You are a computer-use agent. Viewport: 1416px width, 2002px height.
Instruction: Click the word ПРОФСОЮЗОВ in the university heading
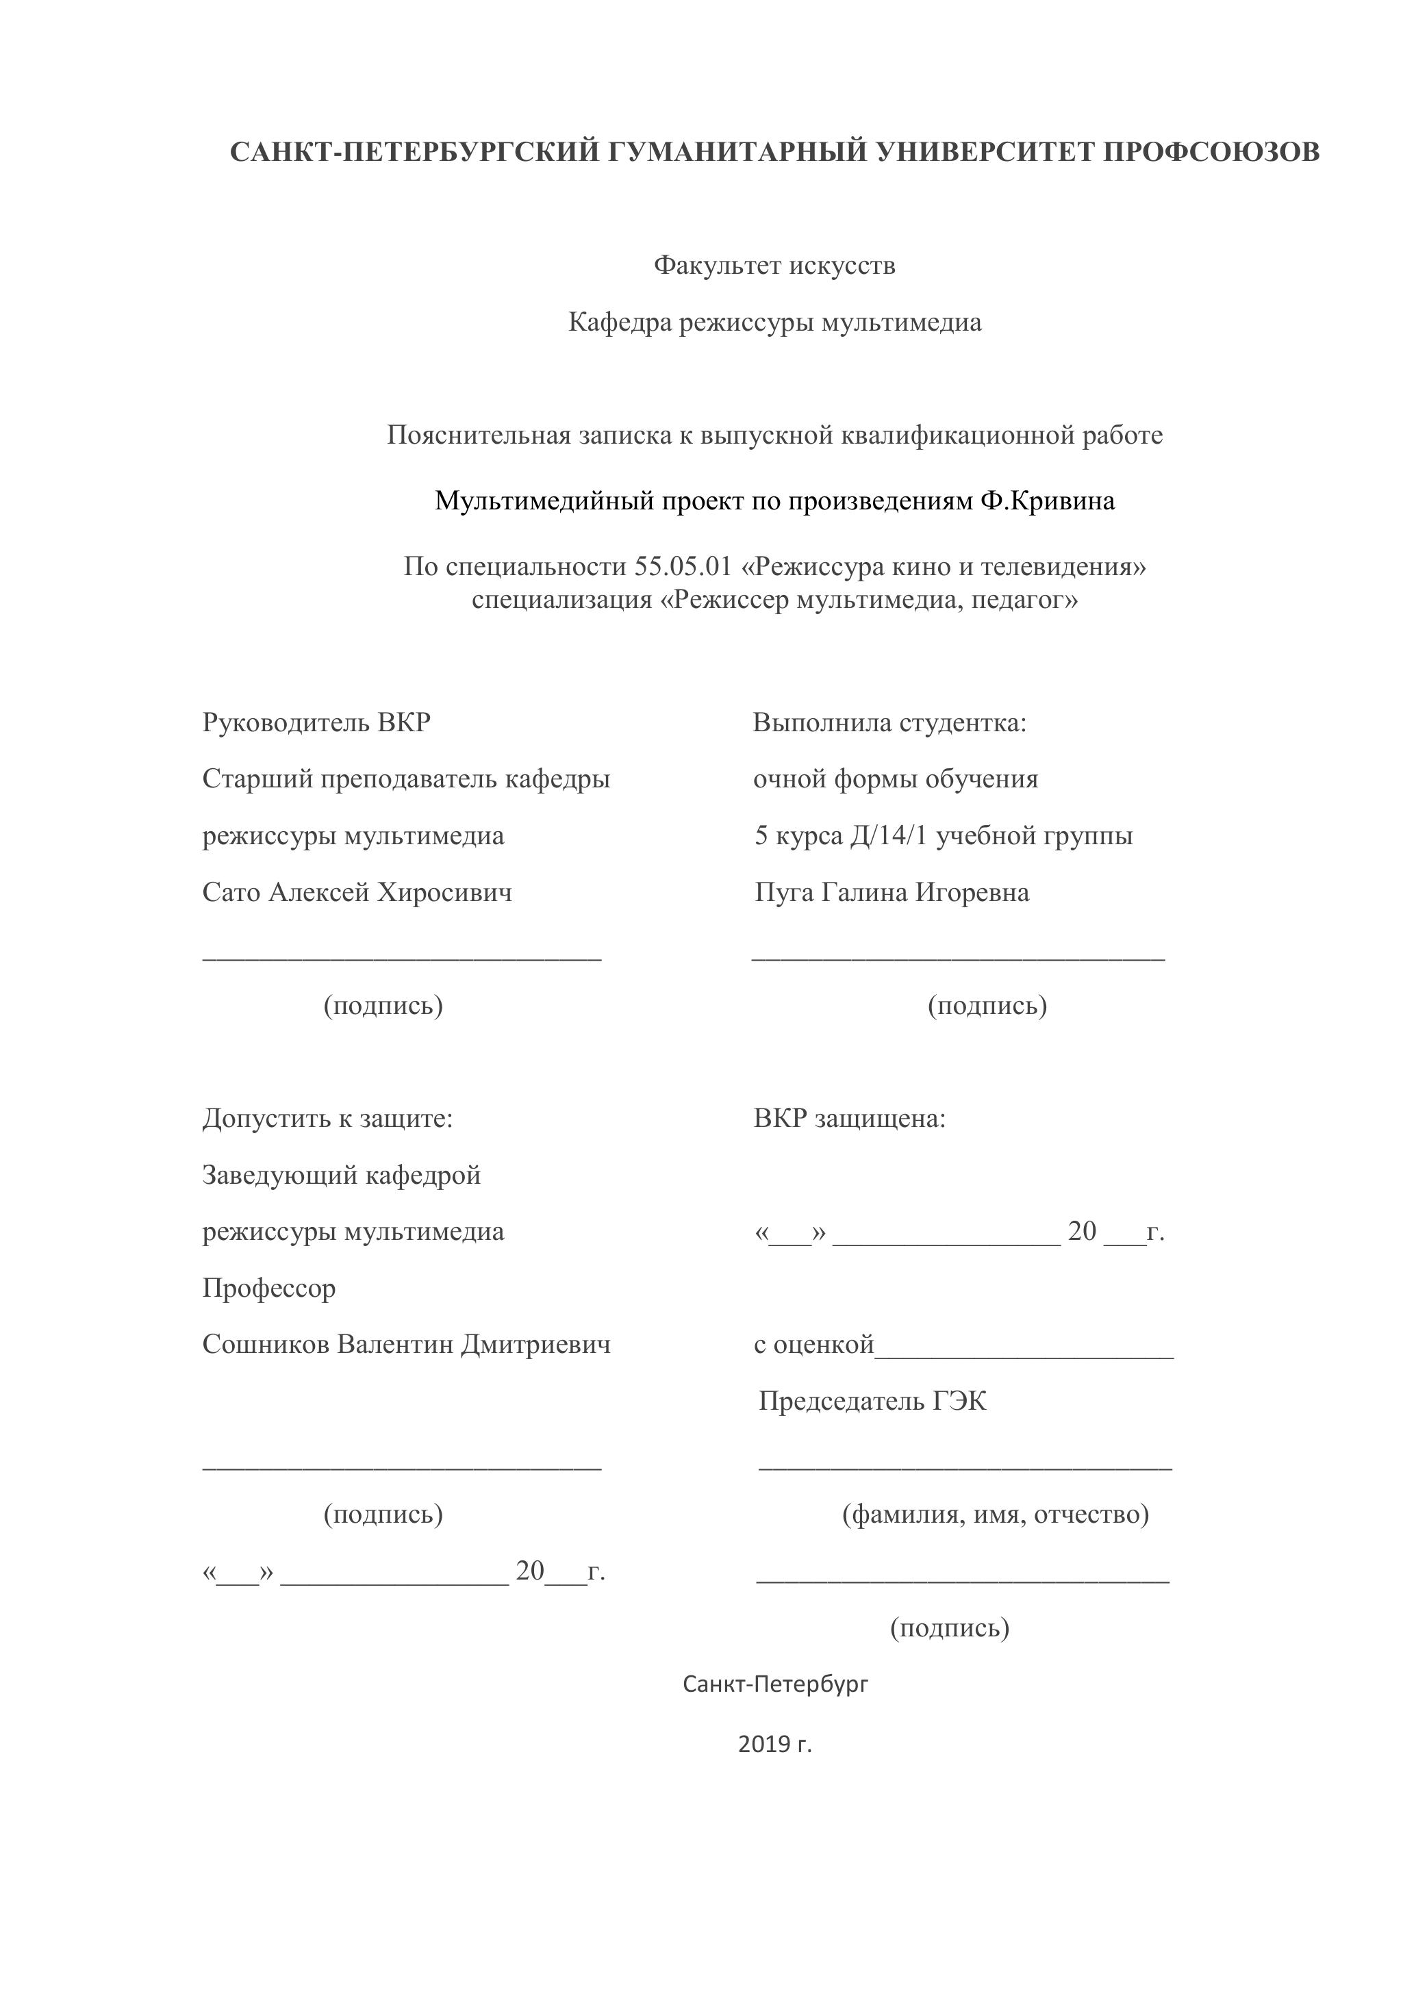click(x=1211, y=152)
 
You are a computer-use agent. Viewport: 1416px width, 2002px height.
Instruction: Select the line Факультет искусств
click(x=774, y=265)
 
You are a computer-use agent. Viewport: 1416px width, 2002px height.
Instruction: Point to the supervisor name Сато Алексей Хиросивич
click(x=357, y=892)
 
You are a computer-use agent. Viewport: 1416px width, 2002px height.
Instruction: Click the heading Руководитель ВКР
click(x=316, y=722)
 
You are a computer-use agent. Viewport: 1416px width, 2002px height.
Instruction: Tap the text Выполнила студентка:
click(x=889, y=722)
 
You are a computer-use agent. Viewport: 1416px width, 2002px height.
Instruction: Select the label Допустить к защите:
click(x=328, y=1118)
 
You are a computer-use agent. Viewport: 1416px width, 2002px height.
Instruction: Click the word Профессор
click(x=268, y=1288)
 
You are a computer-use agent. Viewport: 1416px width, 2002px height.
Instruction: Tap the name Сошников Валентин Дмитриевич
click(x=406, y=1343)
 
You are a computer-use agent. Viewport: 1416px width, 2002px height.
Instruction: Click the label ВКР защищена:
click(x=849, y=1118)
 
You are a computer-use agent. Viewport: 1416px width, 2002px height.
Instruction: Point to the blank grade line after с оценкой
click(x=1024, y=1356)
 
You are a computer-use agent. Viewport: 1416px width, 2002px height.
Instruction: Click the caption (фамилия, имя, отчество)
click(x=995, y=1514)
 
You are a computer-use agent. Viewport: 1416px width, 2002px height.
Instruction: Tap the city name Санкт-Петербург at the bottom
click(x=775, y=1684)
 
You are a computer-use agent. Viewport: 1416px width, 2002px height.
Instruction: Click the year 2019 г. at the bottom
click(x=774, y=1744)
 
